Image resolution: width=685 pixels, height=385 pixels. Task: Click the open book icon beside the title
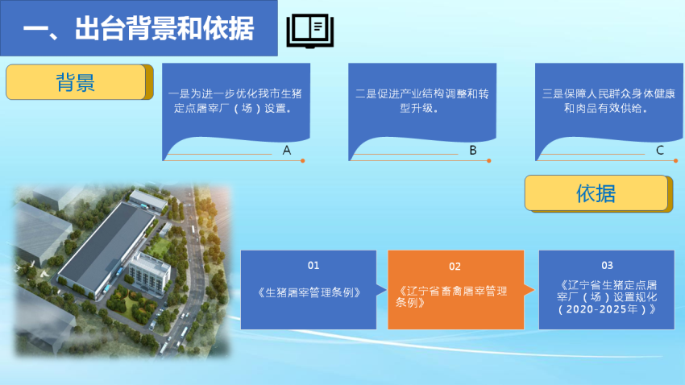[x=310, y=31]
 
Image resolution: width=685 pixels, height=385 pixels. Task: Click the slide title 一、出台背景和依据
[x=138, y=29]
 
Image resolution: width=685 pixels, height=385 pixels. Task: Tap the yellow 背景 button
[x=80, y=82]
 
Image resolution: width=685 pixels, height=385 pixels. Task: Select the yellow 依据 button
[x=599, y=193]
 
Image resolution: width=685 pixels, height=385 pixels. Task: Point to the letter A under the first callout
[x=287, y=151]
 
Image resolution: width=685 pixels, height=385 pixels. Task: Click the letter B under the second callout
[x=473, y=151]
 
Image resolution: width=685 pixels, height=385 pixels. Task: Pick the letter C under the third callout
[x=660, y=151]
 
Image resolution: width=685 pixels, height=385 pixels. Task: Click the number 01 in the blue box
[x=313, y=266]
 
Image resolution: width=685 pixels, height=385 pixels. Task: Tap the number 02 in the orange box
[x=455, y=267]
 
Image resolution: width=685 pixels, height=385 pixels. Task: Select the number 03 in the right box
[x=608, y=266]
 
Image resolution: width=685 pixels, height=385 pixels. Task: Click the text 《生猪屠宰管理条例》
[x=309, y=292]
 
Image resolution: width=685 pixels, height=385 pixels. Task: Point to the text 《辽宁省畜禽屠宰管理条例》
[x=451, y=297]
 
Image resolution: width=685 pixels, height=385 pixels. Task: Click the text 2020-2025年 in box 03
[x=601, y=309]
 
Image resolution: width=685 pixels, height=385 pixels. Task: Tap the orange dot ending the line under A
[x=303, y=160]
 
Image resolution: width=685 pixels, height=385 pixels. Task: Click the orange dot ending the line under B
[x=489, y=160]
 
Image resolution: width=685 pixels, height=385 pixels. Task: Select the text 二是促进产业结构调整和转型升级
[x=422, y=101]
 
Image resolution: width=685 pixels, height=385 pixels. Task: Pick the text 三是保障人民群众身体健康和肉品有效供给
[x=608, y=101]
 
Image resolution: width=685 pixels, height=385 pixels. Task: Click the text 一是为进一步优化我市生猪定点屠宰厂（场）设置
[x=235, y=101]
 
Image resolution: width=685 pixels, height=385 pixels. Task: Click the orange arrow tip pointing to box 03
[x=533, y=289]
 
